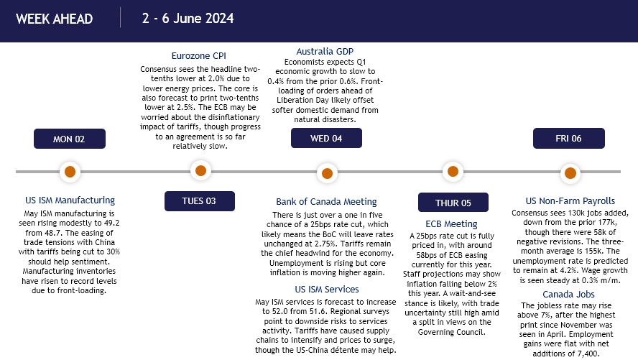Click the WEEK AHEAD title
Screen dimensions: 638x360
(54, 19)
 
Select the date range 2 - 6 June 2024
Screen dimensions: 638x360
(188, 18)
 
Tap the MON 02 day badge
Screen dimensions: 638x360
(70, 139)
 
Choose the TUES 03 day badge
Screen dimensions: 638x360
(200, 201)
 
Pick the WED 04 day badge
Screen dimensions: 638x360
(326, 138)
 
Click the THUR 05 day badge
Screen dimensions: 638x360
(453, 203)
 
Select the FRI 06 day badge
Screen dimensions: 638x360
(569, 138)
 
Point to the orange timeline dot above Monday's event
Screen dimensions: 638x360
(70, 172)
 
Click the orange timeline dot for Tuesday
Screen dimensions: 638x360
(200, 170)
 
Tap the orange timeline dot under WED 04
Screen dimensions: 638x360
(327, 173)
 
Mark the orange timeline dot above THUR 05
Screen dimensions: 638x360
(453, 171)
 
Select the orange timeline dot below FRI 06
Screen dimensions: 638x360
(570, 173)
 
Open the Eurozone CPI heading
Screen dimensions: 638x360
(198, 56)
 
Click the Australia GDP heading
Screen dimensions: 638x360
(325, 51)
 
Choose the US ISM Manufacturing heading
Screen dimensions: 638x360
(70, 200)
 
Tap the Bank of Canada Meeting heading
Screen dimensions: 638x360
(326, 201)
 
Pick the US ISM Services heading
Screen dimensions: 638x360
(327, 289)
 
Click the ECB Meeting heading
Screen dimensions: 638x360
(451, 223)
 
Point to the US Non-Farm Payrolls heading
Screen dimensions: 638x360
(570, 200)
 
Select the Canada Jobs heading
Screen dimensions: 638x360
(568, 294)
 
